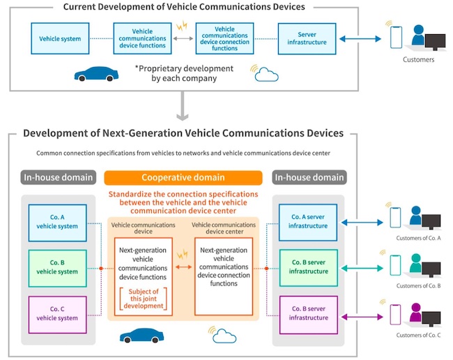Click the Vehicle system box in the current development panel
[59, 39]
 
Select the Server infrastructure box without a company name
[307, 39]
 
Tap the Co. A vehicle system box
[58, 223]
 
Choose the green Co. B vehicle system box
[58, 268]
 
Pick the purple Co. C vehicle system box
[58, 313]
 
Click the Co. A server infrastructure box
[307, 223]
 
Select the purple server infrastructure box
[307, 313]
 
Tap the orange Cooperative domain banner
[183, 178]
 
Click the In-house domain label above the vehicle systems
[58, 178]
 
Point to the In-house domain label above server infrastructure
[309, 178]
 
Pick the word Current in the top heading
[82, 7]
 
